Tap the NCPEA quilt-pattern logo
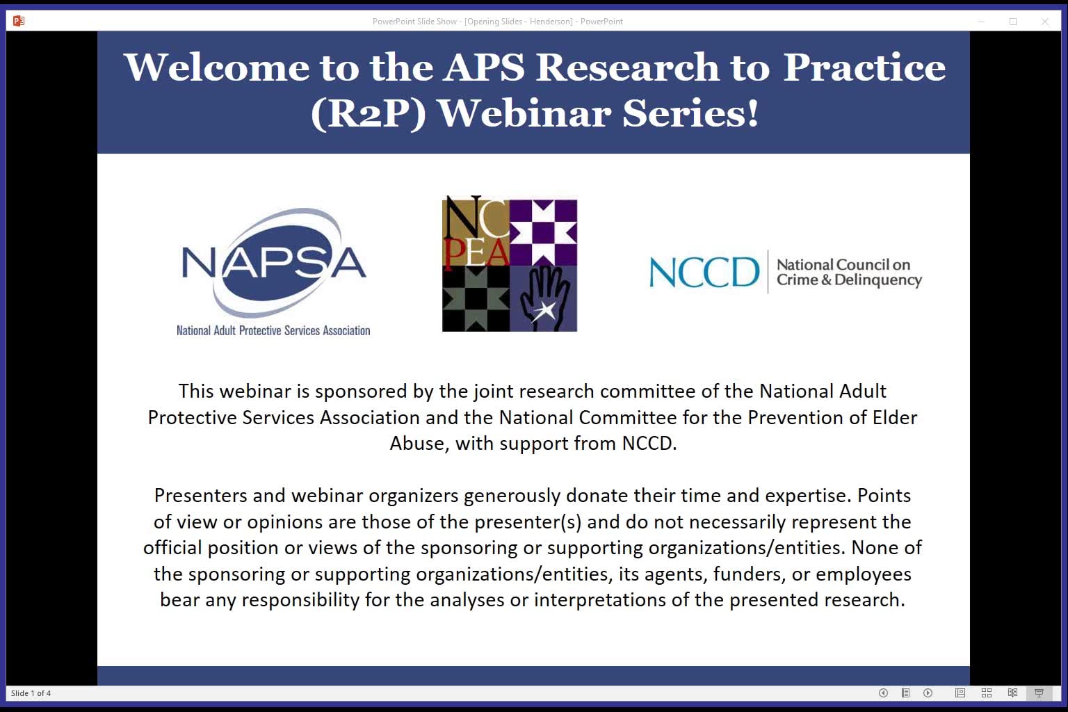tap(510, 264)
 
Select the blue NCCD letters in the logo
tap(704, 272)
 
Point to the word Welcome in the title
tap(216, 67)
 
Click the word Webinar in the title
tap(524, 113)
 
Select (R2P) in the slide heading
tap(368, 113)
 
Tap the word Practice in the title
tap(864, 67)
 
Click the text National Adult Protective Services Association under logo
tap(273, 331)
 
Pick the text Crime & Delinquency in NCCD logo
tap(849, 280)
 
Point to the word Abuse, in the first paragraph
tap(419, 444)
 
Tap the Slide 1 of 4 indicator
tap(31, 693)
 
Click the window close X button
tap(1044, 22)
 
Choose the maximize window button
tap(1013, 22)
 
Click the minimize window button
tap(981, 22)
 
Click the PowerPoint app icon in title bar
tap(19, 21)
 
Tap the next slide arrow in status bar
tap(928, 693)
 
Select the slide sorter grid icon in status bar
tap(986, 693)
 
